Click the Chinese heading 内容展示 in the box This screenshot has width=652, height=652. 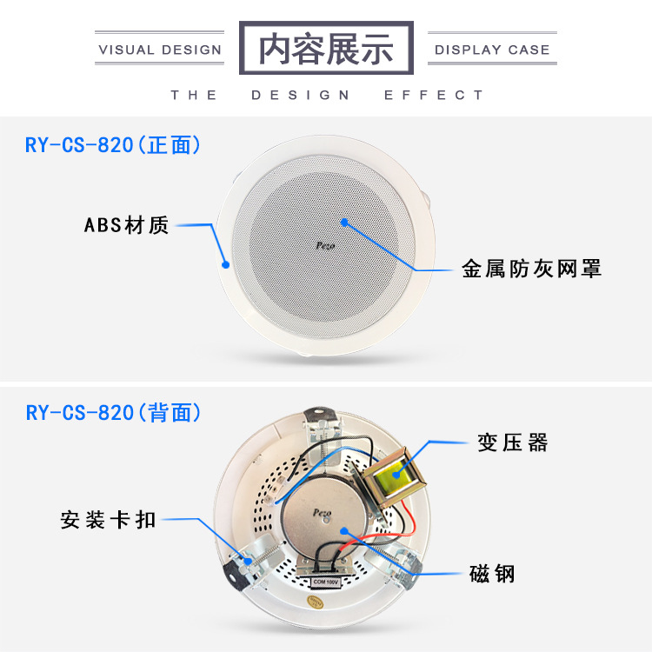(x=326, y=48)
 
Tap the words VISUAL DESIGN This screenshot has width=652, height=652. (x=161, y=50)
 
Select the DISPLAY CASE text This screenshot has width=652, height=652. (x=492, y=50)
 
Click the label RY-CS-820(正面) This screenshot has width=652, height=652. (x=113, y=144)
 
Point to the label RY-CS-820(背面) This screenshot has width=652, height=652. (x=113, y=411)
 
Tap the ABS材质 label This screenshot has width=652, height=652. (x=126, y=226)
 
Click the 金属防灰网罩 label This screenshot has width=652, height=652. (x=531, y=269)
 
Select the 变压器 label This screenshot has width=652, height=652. (x=513, y=442)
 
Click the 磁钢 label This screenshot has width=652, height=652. (x=492, y=574)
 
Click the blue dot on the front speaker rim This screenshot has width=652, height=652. (x=225, y=263)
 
